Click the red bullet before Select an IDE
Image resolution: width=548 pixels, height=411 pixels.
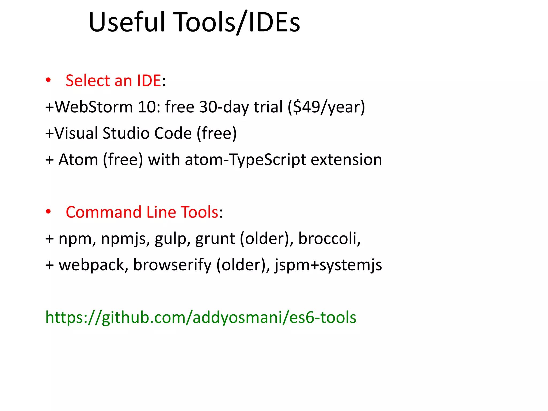[48, 80]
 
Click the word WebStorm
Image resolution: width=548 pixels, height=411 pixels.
[94, 107]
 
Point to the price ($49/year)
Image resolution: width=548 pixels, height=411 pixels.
[326, 107]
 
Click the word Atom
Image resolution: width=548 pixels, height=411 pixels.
[78, 159]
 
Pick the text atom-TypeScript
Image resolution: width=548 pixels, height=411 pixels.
[245, 159]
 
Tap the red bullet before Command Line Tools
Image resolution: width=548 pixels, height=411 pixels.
[48, 212]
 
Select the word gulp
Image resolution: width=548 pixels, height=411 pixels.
[170, 238]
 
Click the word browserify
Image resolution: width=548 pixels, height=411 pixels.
[172, 265]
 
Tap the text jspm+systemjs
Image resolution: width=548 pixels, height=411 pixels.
[328, 265]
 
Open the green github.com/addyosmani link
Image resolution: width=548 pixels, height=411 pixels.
[201, 317]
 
